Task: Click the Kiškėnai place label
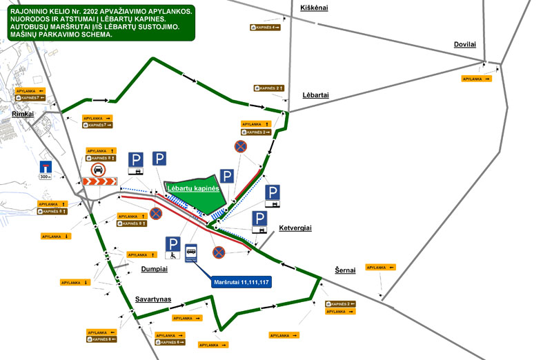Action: coord(315,7)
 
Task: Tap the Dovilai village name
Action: coord(465,45)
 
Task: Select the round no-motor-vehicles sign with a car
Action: coord(98,170)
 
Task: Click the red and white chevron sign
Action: coord(97,182)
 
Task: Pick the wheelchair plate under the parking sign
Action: coord(173,256)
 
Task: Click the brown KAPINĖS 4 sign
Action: coord(265,28)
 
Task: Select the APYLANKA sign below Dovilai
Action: coord(476,79)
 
